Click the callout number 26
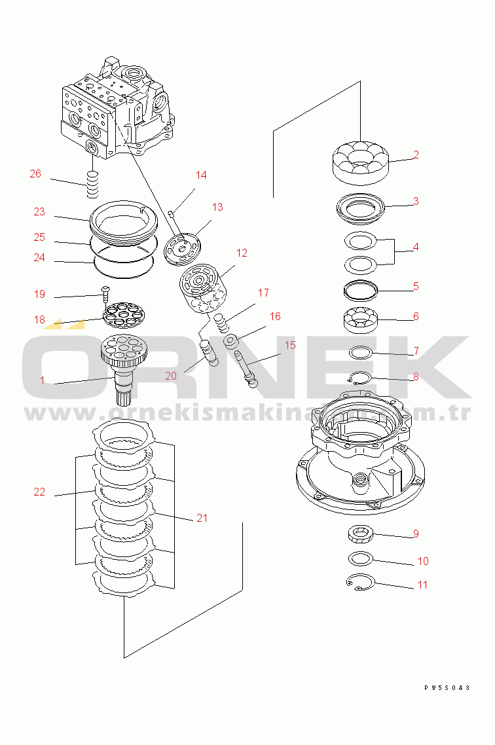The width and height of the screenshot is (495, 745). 35,174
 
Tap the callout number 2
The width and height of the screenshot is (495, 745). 415,155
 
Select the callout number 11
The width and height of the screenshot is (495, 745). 422,585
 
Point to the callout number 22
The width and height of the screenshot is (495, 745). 39,492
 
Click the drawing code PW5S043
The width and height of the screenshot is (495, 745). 447,687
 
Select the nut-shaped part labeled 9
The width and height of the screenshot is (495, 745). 360,534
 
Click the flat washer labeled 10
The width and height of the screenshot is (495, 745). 359,558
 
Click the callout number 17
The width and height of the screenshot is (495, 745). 263,293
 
